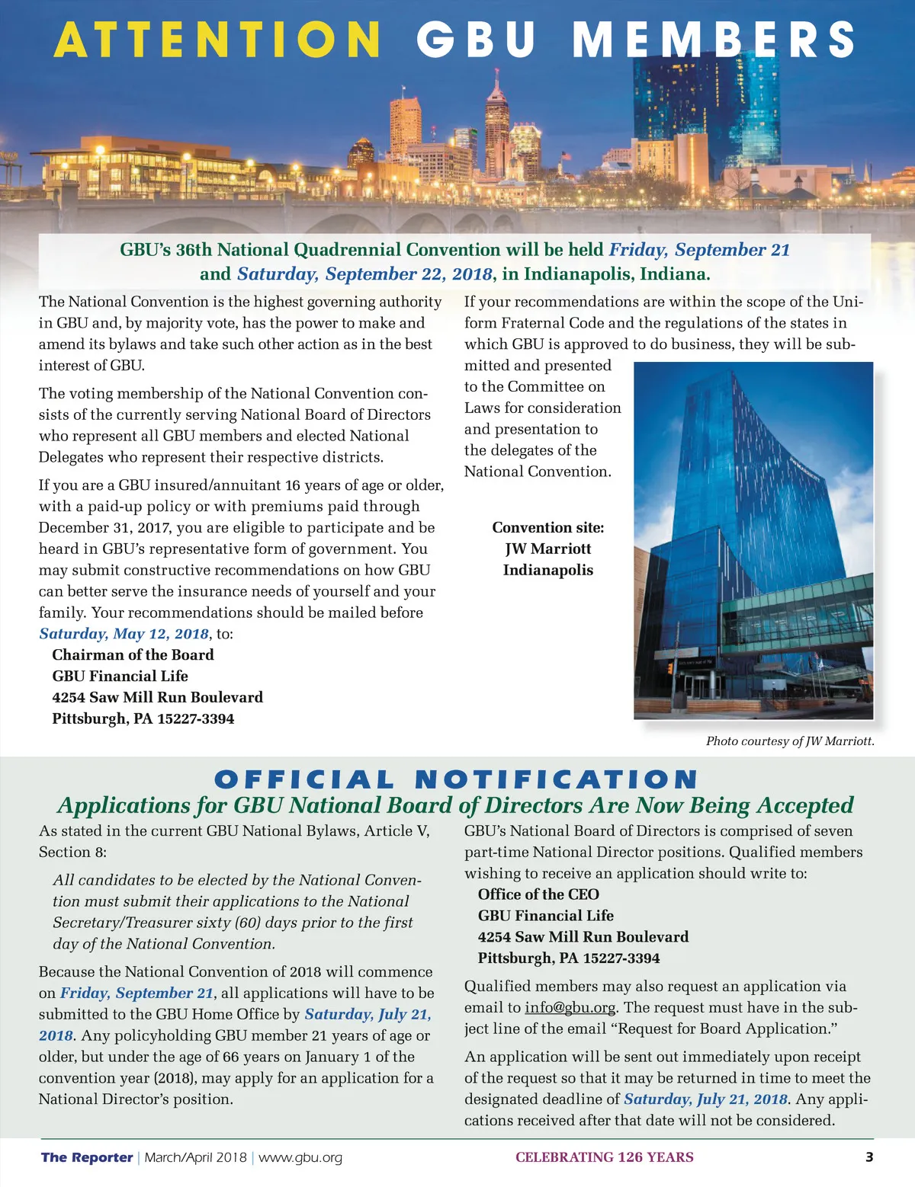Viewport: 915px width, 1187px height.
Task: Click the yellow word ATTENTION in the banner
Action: coord(217,40)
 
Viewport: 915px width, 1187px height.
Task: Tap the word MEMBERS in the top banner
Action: coord(714,40)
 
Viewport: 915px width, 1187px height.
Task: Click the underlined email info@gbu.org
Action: coord(570,1007)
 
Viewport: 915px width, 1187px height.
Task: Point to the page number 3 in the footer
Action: coord(869,1157)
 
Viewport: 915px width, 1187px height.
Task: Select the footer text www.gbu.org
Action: coord(300,1157)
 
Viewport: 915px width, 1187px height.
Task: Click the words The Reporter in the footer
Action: coord(87,1157)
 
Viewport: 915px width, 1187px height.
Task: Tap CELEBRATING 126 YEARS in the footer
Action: coord(604,1157)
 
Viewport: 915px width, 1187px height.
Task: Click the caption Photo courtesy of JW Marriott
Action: coord(790,741)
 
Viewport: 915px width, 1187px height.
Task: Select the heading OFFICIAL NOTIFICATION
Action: coord(456,779)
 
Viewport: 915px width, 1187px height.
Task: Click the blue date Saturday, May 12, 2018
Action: coord(124,633)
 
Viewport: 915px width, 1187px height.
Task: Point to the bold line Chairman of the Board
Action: coord(133,654)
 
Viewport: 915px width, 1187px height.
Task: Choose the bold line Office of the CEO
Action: coord(538,894)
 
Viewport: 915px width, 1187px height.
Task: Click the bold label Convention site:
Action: coord(547,527)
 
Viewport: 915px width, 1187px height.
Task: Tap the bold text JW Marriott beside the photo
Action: coord(547,549)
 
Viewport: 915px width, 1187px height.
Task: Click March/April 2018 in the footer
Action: coord(195,1157)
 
